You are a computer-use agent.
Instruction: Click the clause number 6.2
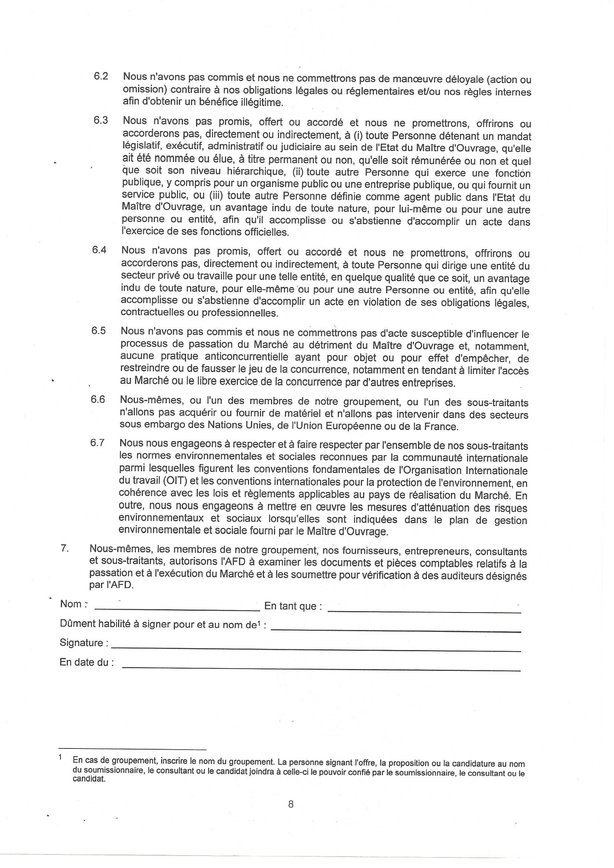(x=101, y=76)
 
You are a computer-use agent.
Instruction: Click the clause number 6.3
(x=101, y=120)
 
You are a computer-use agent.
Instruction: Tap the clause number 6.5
(x=98, y=331)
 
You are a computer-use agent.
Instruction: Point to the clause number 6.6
(x=98, y=399)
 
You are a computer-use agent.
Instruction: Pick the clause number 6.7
(x=97, y=443)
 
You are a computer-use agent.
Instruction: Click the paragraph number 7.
(x=64, y=549)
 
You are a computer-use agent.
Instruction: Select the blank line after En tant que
(x=424, y=611)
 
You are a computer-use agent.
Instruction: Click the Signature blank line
(x=316, y=650)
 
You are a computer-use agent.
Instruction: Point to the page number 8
(x=291, y=804)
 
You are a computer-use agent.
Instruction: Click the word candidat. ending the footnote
(x=89, y=779)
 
